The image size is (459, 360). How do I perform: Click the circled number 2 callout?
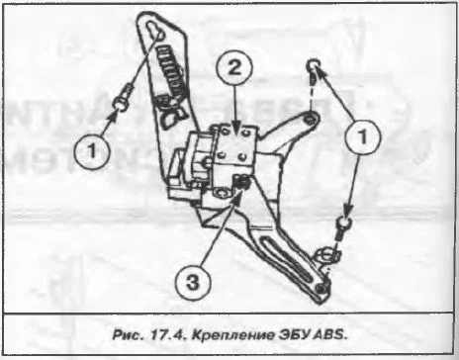(x=234, y=68)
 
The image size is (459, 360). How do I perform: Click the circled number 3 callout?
(x=193, y=283)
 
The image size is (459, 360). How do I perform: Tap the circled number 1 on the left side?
(x=92, y=151)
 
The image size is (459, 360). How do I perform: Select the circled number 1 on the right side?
(x=362, y=136)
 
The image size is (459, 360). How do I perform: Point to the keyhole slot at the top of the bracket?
(x=154, y=33)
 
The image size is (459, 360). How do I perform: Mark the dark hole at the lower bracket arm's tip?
(x=321, y=288)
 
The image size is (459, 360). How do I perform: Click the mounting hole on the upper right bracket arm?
(x=310, y=119)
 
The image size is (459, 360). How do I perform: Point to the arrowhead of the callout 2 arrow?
(x=235, y=127)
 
